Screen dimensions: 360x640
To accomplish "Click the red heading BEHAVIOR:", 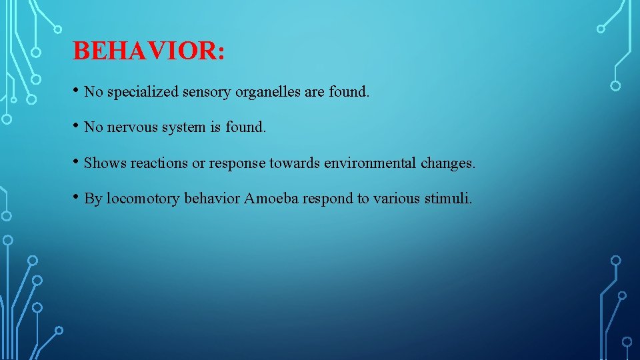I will pyautogui.click(x=149, y=51).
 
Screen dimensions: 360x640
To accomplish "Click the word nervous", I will pyautogui.click(x=131, y=127).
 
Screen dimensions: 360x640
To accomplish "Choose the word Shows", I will pyautogui.click(x=105, y=163).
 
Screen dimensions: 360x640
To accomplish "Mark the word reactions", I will pyautogui.click(x=160, y=163).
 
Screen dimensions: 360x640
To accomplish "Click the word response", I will pyautogui.click(x=237, y=163).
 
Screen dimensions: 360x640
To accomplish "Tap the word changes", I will pyautogui.click(x=448, y=163).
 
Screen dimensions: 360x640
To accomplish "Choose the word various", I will pyautogui.click(x=397, y=199).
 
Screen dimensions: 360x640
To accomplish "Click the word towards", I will pyautogui.click(x=295, y=163).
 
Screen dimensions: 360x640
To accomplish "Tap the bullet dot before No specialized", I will pyautogui.click(x=77, y=91).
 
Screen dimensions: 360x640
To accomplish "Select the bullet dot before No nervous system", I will pyautogui.click(x=77, y=126).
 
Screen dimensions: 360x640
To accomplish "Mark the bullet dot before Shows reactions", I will pyautogui.click(x=77, y=162).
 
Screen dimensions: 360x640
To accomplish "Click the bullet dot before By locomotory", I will pyautogui.click(x=77, y=197).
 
